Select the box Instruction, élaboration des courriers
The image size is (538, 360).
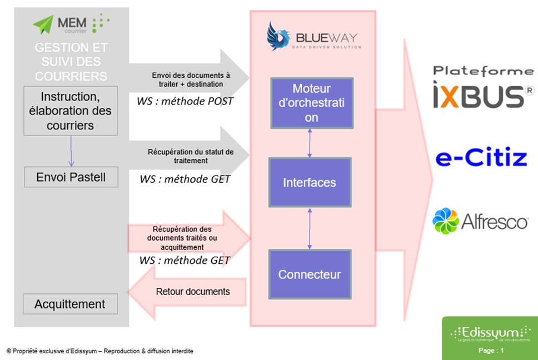click(71, 111)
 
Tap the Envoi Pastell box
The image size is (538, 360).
click(71, 178)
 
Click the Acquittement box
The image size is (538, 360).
click(70, 304)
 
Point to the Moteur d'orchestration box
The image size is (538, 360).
click(311, 103)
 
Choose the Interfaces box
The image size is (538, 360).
click(310, 182)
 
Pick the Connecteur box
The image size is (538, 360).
click(310, 274)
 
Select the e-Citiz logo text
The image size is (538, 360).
click(481, 158)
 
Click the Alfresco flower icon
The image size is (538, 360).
click(446, 221)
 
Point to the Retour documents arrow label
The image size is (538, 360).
click(193, 291)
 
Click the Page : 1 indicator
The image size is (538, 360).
click(490, 351)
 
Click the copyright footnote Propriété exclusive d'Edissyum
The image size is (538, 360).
click(100, 351)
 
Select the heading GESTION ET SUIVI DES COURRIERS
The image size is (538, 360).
click(71, 61)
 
